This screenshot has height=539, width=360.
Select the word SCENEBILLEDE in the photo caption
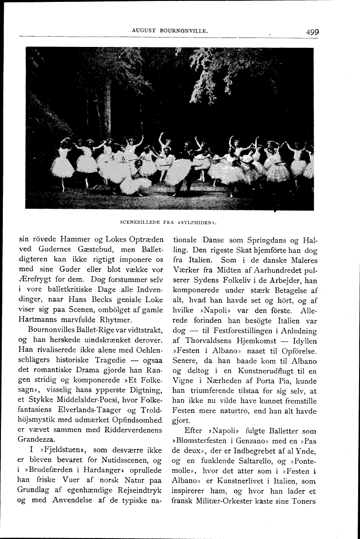coord(140,222)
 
